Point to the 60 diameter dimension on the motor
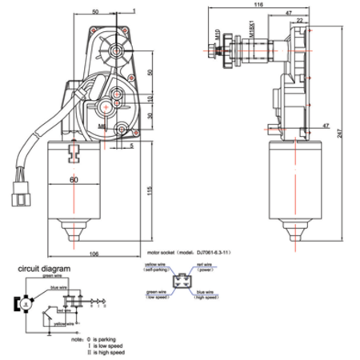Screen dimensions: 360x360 (73, 181)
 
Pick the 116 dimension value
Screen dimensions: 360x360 (257, 6)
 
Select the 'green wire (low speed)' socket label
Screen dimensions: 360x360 (157, 295)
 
